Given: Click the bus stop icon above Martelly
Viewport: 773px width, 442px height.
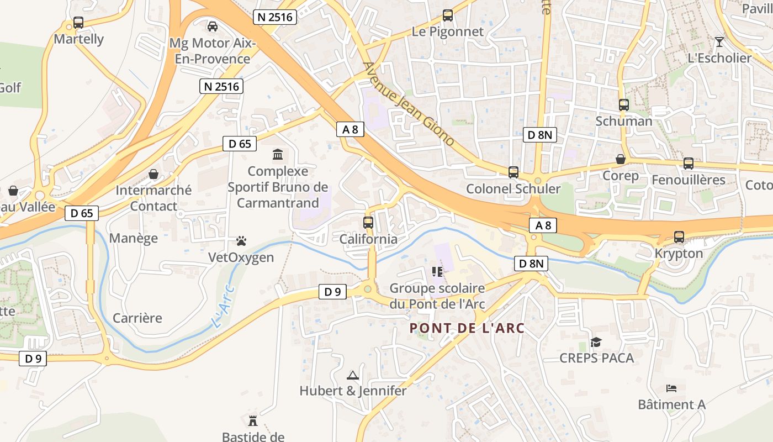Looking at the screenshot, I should tap(78, 23).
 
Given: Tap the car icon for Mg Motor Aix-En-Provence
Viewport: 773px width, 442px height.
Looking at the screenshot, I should tap(212, 26).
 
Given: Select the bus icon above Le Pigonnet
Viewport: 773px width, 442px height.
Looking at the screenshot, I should tap(448, 15).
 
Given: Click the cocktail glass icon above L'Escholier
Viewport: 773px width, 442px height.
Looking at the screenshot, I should tap(719, 41).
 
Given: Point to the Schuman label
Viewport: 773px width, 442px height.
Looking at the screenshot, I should tap(624, 121).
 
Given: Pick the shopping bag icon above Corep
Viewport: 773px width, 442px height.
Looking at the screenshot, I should tap(621, 159).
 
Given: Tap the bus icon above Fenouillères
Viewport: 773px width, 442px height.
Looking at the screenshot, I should tap(689, 164).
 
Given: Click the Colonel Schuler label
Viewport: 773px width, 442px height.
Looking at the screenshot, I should tap(513, 188).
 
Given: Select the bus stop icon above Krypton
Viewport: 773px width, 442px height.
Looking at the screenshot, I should tap(679, 237).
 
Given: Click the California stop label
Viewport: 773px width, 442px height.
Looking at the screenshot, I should tap(368, 239).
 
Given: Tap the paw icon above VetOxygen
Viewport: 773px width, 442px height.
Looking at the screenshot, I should tap(241, 241).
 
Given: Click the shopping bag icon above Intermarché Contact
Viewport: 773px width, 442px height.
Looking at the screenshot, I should tap(153, 174).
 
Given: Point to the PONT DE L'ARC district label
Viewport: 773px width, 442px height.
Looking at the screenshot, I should tap(467, 328).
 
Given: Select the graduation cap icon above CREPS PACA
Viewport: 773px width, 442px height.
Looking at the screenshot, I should tap(596, 342).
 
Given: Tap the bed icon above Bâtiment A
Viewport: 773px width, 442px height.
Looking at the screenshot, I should tap(671, 388).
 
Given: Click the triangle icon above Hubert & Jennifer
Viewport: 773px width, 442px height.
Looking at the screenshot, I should tap(352, 375).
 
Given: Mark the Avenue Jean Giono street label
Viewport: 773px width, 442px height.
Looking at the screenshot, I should tap(408, 104).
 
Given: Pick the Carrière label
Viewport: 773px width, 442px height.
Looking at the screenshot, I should tap(137, 318).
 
